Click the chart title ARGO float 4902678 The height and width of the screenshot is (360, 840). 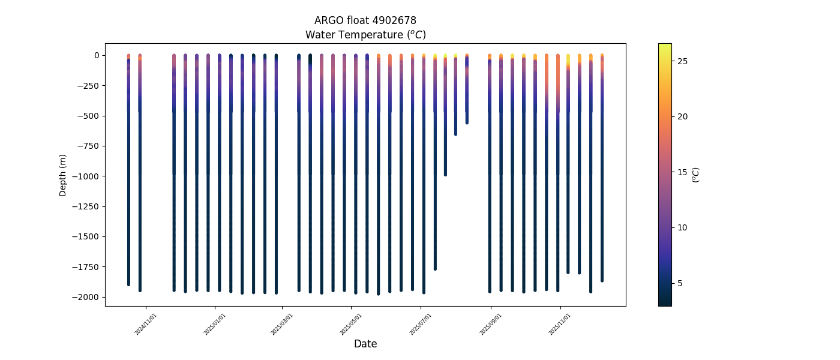365,20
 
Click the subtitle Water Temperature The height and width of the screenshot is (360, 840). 365,35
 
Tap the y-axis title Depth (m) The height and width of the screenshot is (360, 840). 63,175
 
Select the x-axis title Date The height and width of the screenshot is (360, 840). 365,344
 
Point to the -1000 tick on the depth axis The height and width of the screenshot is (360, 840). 88,176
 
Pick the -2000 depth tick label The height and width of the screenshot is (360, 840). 88,297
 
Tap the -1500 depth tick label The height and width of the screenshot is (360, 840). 88,236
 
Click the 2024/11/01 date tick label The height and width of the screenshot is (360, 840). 146,324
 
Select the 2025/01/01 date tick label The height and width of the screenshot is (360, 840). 214,324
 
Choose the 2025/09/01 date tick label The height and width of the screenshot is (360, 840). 490,324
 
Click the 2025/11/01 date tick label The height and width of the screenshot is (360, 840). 560,324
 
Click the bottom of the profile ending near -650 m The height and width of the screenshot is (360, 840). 455,134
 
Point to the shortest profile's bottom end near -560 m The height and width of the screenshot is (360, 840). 467,122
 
